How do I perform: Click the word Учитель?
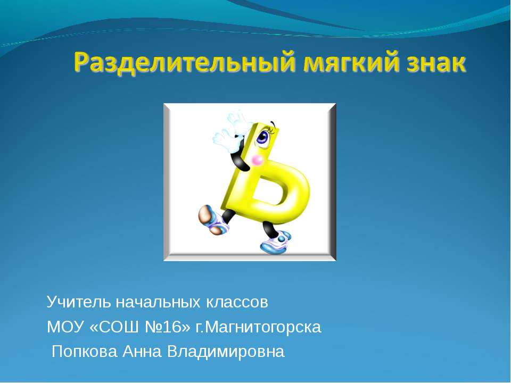pos(71,303)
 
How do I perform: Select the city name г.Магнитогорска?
pos(259,327)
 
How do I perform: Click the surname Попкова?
pos(85,352)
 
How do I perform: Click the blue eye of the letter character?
pos(263,137)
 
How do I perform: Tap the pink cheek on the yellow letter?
pos(258,160)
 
